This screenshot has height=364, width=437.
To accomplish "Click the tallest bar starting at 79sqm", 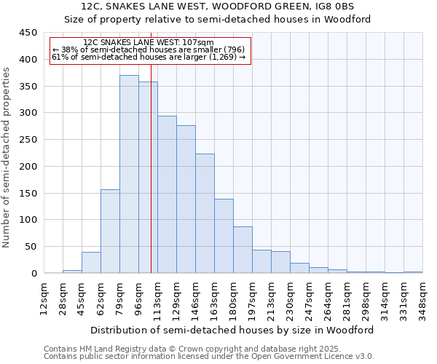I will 129,175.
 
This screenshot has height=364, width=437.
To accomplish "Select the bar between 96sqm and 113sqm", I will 148,178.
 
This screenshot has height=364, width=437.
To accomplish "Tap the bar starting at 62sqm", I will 110,232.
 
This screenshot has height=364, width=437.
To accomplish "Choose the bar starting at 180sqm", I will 243,250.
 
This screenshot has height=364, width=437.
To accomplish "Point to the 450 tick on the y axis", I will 28,33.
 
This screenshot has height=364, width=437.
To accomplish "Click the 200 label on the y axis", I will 28,167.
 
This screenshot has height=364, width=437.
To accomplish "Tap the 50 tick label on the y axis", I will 31,247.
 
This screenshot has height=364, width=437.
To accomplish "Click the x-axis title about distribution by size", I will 232,330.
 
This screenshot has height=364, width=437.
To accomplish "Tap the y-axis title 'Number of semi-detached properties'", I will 7,157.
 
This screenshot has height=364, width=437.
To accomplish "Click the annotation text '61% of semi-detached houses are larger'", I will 149,57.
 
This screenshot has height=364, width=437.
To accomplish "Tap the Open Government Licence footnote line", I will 209,357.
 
